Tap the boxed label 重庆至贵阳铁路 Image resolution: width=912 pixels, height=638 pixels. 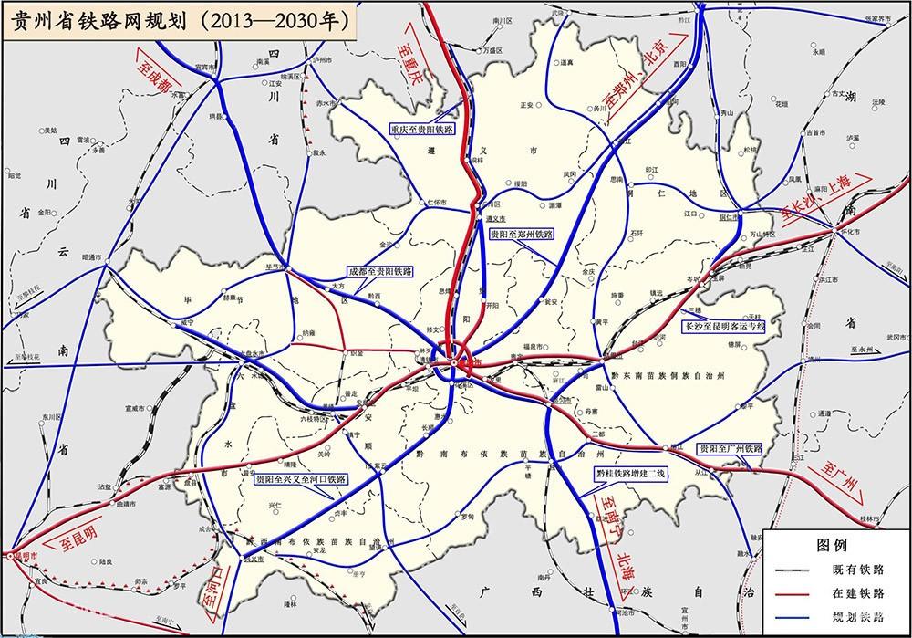(x=421, y=130)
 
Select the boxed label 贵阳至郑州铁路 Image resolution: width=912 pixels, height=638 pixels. (x=522, y=235)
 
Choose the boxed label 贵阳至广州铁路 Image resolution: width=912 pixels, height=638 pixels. (x=730, y=449)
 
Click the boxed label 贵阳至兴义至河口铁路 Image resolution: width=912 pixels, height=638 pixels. (x=300, y=478)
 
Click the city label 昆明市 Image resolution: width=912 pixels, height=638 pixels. (x=24, y=556)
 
